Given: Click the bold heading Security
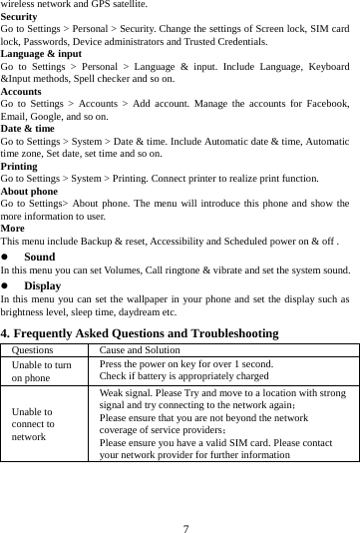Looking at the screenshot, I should (x=20, y=17).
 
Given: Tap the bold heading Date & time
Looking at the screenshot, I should (x=28, y=128).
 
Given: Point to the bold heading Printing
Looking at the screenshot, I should (x=21, y=166).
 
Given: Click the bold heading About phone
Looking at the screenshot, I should (x=29, y=190).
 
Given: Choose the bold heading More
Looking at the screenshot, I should (x=13, y=228).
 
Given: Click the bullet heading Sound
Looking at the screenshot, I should (x=39, y=257).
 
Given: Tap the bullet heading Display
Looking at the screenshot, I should (x=42, y=284).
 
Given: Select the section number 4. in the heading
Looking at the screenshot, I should (x=6, y=332).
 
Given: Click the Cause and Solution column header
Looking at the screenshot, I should (x=140, y=350).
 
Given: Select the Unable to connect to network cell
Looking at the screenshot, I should (x=34, y=423).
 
